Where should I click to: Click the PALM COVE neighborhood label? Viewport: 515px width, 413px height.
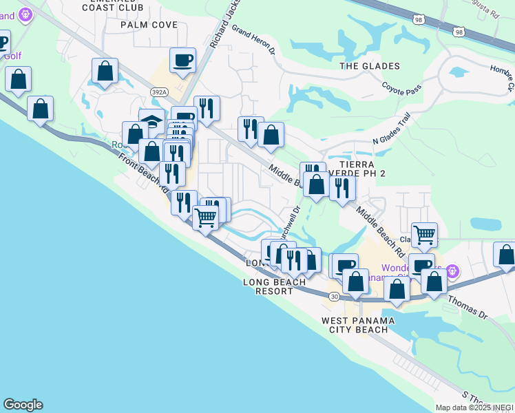pyautogui.click(x=149, y=25)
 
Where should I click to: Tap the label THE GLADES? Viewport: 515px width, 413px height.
pyautogui.click(x=370, y=66)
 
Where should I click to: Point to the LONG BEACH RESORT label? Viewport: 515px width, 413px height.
pyautogui.click(x=275, y=287)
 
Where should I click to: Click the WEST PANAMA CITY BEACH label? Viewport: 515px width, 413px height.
pyautogui.click(x=358, y=326)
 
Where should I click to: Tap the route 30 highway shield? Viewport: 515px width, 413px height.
pyautogui.click(x=333, y=296)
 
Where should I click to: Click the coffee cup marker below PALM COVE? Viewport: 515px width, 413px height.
pyautogui.click(x=182, y=61)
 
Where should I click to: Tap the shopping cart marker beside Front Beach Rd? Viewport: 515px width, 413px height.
pyautogui.click(x=206, y=218)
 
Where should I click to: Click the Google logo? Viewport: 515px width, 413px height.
pyautogui.click(x=23, y=405)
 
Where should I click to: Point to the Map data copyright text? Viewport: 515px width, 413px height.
pyautogui.click(x=474, y=407)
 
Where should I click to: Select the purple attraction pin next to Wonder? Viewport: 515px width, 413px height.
pyautogui.click(x=452, y=270)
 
